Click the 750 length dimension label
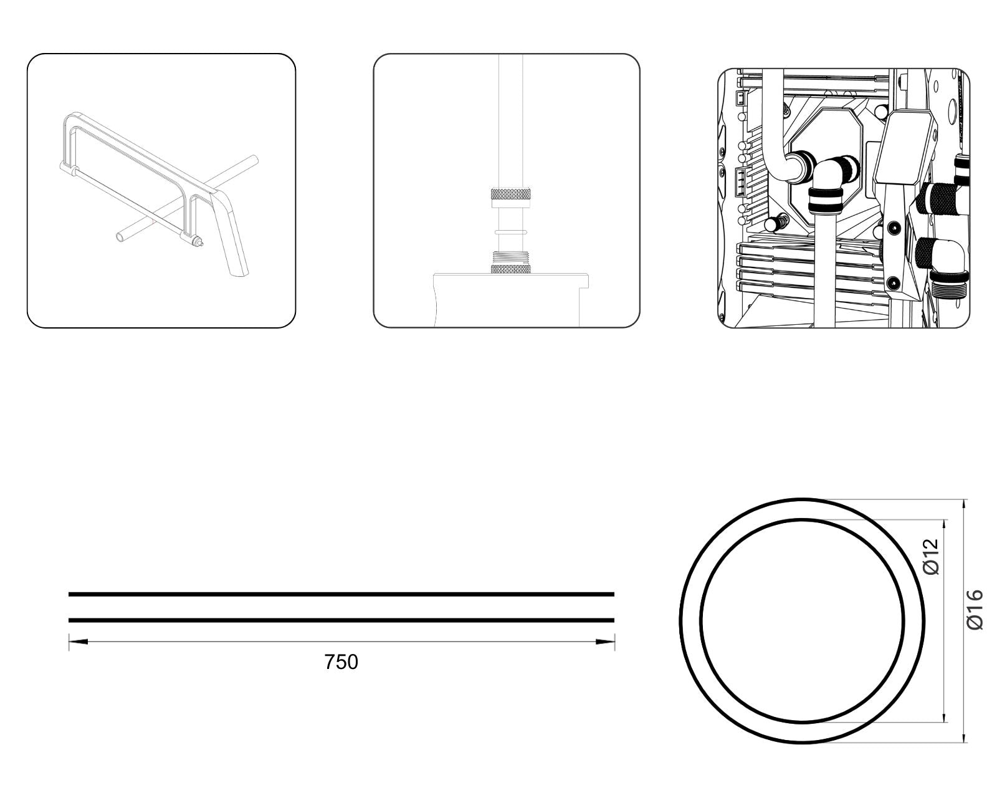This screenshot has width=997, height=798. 341,662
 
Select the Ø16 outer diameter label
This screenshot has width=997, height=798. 975,610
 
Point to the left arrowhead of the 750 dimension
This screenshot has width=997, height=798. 78,642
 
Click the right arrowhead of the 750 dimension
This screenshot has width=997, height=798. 605,642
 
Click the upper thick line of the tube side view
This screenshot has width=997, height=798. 341,594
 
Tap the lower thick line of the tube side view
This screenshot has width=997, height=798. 341,620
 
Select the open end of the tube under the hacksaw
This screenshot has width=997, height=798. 120,236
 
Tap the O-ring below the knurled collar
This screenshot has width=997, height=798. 510,231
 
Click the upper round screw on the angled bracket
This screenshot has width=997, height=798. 892,227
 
